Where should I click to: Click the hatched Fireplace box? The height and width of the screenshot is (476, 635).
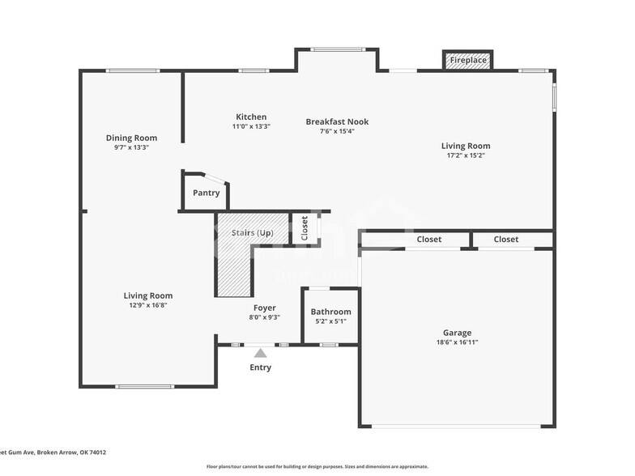click(468, 60)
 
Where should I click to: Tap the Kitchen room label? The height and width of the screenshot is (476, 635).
click(250, 117)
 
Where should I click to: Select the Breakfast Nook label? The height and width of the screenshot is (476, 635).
click(337, 122)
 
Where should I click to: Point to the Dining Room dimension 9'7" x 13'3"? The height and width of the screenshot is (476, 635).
click(131, 147)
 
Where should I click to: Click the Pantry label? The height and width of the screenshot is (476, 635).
click(206, 193)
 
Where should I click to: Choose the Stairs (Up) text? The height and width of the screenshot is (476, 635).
click(253, 233)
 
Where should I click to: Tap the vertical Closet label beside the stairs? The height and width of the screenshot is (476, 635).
click(305, 228)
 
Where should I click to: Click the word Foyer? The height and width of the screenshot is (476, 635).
click(264, 308)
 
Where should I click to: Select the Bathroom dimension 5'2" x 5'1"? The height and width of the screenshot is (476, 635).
click(330, 321)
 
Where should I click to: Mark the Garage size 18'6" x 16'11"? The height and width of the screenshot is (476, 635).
click(457, 342)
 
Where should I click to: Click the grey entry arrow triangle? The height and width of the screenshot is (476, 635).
click(260, 352)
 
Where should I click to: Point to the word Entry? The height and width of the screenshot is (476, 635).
click(260, 368)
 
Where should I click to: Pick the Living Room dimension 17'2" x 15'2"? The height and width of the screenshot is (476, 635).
click(465, 156)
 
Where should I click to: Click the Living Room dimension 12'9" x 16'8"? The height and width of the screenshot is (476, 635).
click(147, 306)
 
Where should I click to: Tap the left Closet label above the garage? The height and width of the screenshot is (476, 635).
click(428, 240)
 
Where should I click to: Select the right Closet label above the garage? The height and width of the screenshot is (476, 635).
click(506, 240)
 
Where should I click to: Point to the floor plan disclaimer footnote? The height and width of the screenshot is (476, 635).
click(317, 466)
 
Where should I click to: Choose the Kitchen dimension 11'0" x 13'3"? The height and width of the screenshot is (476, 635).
click(250, 127)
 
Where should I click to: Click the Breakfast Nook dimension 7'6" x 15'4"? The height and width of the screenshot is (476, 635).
click(337, 131)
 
